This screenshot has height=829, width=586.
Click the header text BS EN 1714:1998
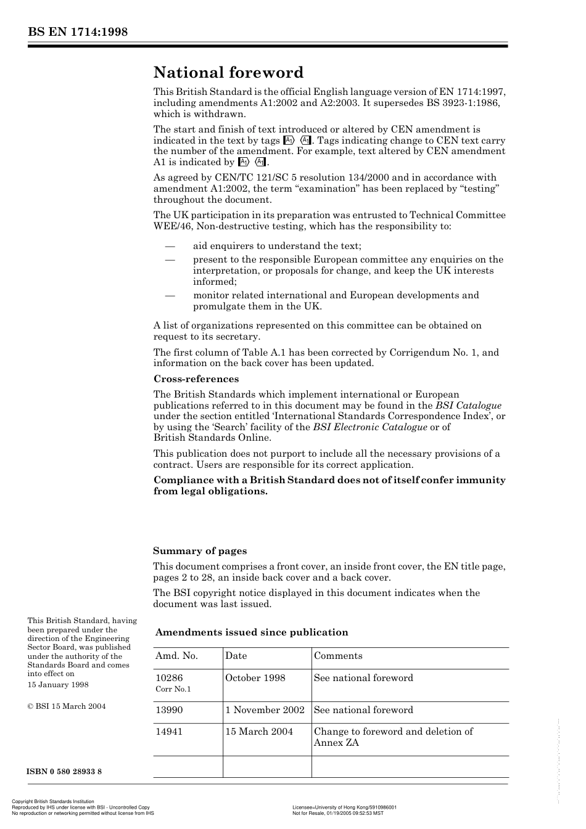tap(77, 32)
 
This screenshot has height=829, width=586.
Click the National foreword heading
tap(228, 73)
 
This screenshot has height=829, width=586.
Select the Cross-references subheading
tap(196, 379)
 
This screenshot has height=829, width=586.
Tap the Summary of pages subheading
tap(200, 551)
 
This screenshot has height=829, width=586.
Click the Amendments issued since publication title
tap(252, 632)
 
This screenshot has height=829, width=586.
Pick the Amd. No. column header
tap(176, 656)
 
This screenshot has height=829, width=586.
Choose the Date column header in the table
tap(236, 656)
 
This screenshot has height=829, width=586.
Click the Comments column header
tap(338, 656)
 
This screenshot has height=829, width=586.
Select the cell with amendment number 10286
tap(169, 678)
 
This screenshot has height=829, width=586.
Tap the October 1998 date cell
tap(255, 678)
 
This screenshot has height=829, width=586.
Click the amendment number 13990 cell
tap(169, 710)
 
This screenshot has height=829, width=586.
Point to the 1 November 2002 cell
tap(265, 710)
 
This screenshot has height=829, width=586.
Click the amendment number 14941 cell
tap(169, 732)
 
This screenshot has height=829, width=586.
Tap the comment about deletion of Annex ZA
tap(393, 737)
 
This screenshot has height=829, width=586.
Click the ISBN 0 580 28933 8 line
tap(65, 772)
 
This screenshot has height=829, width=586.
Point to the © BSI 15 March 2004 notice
tap(67, 706)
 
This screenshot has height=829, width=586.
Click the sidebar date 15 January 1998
tap(58, 685)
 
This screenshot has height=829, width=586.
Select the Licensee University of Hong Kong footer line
tap(344, 807)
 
